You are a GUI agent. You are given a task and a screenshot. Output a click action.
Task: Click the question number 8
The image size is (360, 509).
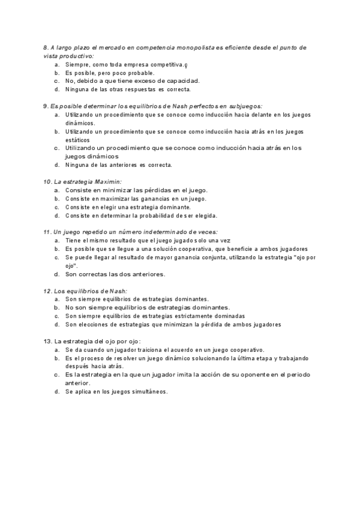point(46,47)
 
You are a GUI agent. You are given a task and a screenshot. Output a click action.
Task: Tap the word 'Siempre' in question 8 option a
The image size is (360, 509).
point(77,64)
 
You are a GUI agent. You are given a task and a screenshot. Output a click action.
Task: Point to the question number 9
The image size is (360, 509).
point(46,106)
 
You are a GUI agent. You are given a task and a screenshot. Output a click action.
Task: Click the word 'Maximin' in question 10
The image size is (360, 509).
point(108,181)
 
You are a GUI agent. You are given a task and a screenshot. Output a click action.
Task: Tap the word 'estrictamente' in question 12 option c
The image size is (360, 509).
point(190,316)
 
